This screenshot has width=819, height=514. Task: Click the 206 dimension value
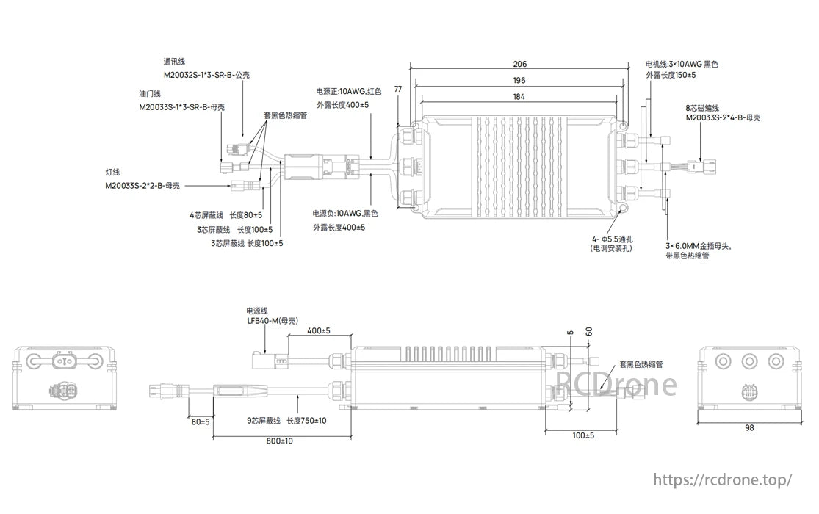pyautogui.click(x=519, y=65)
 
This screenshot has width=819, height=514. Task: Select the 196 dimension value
pyautogui.click(x=519, y=81)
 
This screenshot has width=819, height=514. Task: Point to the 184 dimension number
pyautogui.click(x=519, y=97)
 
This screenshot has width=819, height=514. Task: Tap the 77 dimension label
pyautogui.click(x=398, y=89)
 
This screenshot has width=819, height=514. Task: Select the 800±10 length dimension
pyautogui.click(x=280, y=441)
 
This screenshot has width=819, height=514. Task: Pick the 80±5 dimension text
pyautogui.click(x=200, y=422)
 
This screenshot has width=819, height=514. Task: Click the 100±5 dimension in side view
pyautogui.click(x=583, y=435)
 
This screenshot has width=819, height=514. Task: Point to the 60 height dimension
pyautogui.click(x=588, y=331)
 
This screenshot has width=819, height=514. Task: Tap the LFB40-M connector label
pyautogui.click(x=272, y=320)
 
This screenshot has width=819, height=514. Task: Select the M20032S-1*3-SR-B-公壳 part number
pyautogui.click(x=201, y=75)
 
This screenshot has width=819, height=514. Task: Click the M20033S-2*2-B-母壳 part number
pyautogui.click(x=142, y=186)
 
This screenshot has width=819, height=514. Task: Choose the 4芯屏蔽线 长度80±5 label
pyautogui.click(x=226, y=216)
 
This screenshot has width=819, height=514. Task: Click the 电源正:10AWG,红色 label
pyautogui.click(x=349, y=92)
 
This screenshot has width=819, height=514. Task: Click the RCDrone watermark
pyautogui.click(x=616, y=383)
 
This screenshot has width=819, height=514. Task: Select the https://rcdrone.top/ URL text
pyautogui.click(x=722, y=480)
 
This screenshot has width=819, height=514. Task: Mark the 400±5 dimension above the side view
pyautogui.click(x=318, y=331)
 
